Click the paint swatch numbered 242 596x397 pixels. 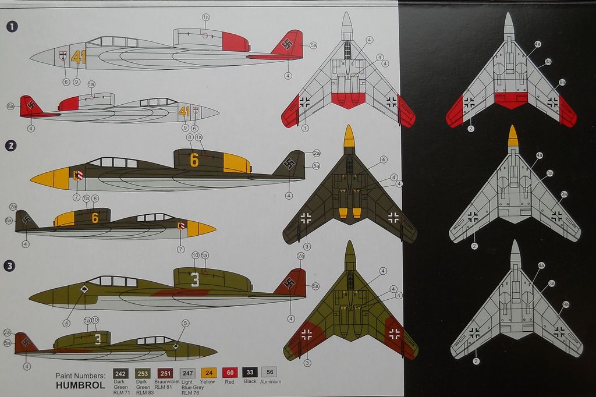pos(121,373)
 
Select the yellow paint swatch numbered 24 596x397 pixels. pos(208,373)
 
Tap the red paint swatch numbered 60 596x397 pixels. pos(230,373)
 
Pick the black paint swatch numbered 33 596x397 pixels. pos(250,373)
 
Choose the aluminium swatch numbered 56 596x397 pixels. pos(269,373)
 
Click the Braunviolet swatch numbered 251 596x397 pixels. pos(165,373)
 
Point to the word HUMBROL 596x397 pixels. pos(81,385)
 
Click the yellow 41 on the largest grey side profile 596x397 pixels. pos(78,57)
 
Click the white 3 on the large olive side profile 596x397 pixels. pos(195,279)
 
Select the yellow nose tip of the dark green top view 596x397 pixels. pos(349,136)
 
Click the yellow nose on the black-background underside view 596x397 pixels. pos(512,136)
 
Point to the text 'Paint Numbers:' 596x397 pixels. pos(80,375)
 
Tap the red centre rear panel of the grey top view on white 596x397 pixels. pos(348,99)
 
